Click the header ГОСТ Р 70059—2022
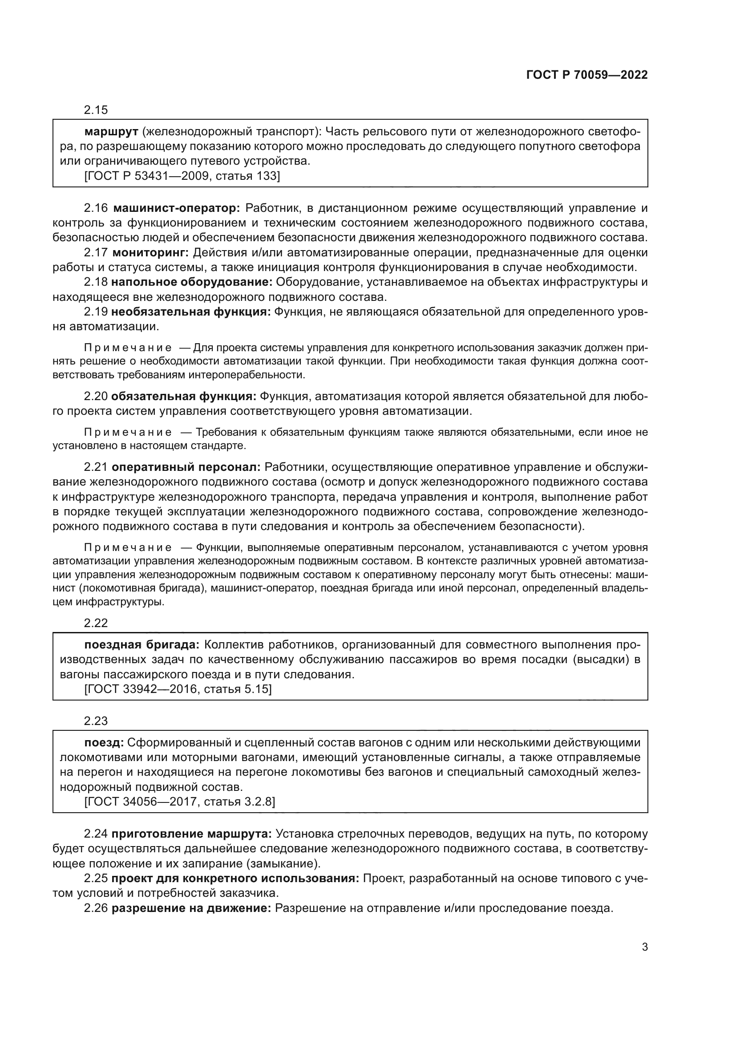click(x=587, y=75)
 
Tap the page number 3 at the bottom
click(x=644, y=947)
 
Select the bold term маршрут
click(x=111, y=132)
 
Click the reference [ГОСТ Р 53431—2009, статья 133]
click(x=182, y=176)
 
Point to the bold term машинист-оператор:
click(x=176, y=208)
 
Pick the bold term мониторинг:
click(x=150, y=252)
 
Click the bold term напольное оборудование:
click(x=192, y=282)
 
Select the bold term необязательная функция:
click(x=191, y=312)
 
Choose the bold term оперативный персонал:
click(x=186, y=467)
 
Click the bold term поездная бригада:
click(x=142, y=645)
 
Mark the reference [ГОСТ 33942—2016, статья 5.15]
click(x=178, y=689)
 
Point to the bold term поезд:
click(x=104, y=743)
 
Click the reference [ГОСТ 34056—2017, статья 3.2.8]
click(x=179, y=802)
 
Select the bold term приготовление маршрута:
click(x=192, y=834)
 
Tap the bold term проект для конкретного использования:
click(x=235, y=878)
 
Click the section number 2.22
click(x=96, y=623)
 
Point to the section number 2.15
click(x=96, y=110)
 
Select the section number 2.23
click(x=96, y=721)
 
